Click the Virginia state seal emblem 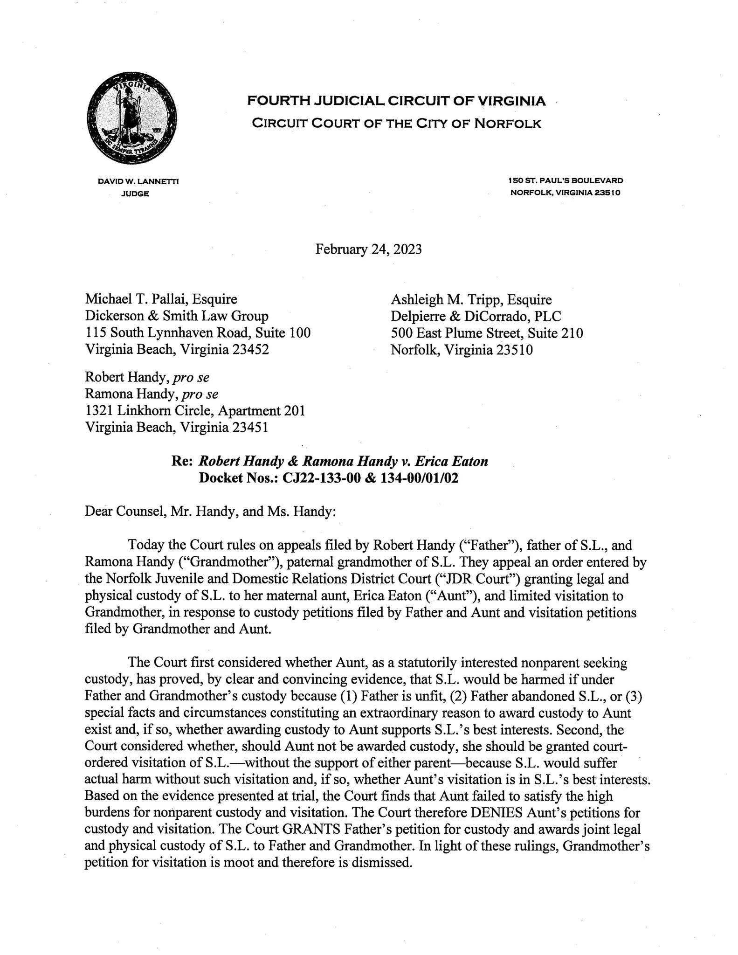(x=131, y=118)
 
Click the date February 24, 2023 (x=368, y=249)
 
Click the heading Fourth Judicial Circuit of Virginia (x=396, y=101)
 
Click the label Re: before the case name (x=182, y=462)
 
